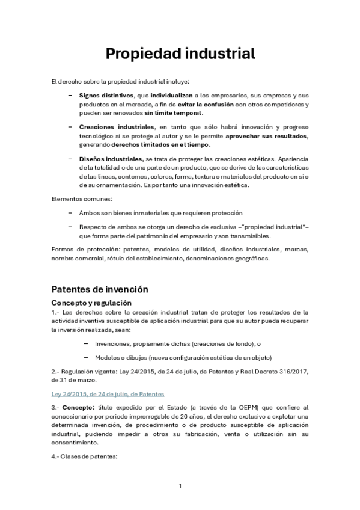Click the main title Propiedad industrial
pos(180,54)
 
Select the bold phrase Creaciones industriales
pos(117,127)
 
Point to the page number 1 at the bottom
pos(180,485)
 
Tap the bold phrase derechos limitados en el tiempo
pos(170,145)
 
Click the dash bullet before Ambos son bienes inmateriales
pos(72,213)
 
